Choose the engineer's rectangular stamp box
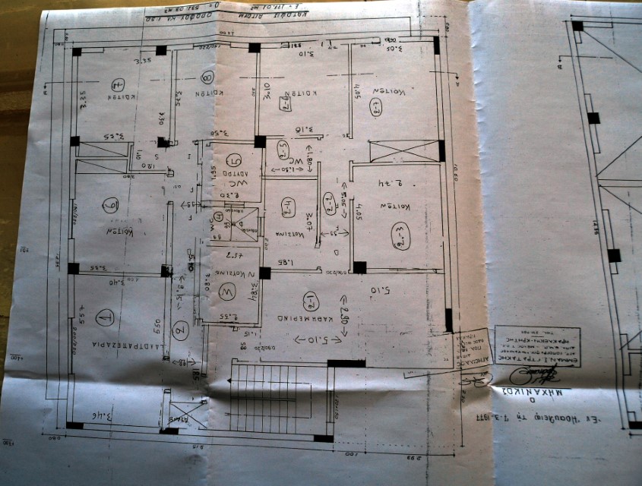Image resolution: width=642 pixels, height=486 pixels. (536, 347)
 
